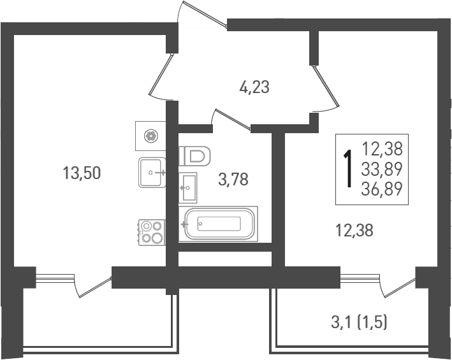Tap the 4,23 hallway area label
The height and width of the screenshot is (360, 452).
pyautogui.click(x=254, y=87)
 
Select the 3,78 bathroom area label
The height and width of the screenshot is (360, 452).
pyautogui.click(x=233, y=180)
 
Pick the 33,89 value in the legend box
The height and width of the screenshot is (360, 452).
pyautogui.click(x=383, y=169)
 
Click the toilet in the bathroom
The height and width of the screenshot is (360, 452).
pyautogui.click(x=196, y=155)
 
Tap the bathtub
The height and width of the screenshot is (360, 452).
pyautogui.click(x=219, y=224)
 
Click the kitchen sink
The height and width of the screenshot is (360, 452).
pyautogui.click(x=153, y=172)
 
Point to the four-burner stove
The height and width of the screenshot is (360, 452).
pyautogui.click(x=152, y=232)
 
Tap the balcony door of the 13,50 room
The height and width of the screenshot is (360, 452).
pyautogui.click(x=93, y=285)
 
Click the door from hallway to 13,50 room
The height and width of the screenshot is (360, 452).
pyautogui.click(x=162, y=76)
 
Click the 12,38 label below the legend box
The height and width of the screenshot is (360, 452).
pyautogui.click(x=354, y=231)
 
